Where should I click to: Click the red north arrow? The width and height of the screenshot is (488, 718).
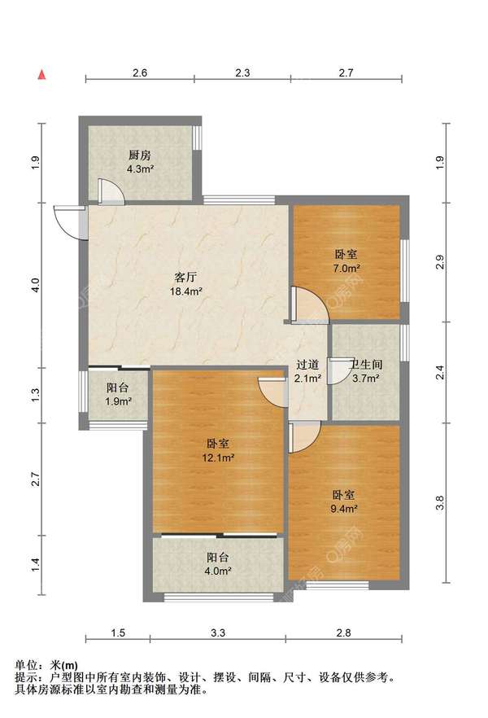click(x=41, y=75)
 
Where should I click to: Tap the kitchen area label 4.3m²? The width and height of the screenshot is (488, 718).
click(x=140, y=169)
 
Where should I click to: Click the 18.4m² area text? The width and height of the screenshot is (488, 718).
click(x=185, y=291)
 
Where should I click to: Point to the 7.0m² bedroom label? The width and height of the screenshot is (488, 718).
click(x=346, y=269)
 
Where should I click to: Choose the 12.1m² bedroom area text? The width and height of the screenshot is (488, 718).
click(x=218, y=458)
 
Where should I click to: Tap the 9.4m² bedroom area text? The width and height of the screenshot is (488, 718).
click(x=344, y=508)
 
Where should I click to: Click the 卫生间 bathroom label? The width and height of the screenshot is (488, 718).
click(x=366, y=365)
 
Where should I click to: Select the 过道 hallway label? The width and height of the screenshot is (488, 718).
click(x=307, y=365)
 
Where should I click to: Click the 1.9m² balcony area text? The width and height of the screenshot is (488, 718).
click(x=118, y=401)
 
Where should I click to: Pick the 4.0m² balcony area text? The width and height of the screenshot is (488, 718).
click(x=218, y=571)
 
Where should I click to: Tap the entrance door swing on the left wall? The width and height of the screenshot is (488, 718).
click(x=68, y=223)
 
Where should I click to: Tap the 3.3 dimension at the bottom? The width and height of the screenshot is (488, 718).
click(x=218, y=633)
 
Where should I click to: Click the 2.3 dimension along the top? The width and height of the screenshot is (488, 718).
click(x=242, y=72)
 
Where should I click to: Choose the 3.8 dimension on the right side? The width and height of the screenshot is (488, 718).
click(x=439, y=503)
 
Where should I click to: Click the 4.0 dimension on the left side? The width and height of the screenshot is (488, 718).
click(x=36, y=286)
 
